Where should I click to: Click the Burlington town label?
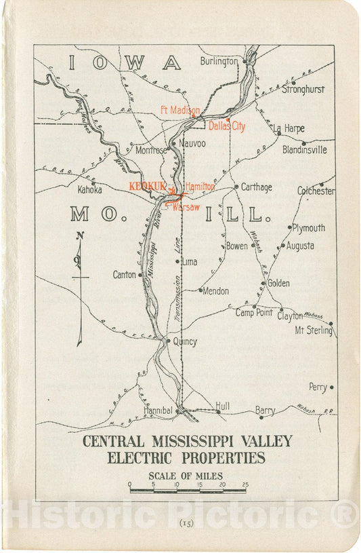coord(219,61)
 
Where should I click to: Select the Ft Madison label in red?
coord(179,110)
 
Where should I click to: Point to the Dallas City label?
coord(227,126)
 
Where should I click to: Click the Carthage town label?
coord(257,187)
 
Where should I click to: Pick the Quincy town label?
coord(185,341)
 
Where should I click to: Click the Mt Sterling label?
coord(314,330)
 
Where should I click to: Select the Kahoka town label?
coord(89,190)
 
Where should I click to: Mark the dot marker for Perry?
coord(331,387)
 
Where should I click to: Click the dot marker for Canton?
coord(140,275)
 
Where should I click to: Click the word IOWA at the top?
coord(125,62)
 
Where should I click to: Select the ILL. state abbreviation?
coord(233,215)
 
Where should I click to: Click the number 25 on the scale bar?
coord(245,484)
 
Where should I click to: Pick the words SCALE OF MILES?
coord(186,475)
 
